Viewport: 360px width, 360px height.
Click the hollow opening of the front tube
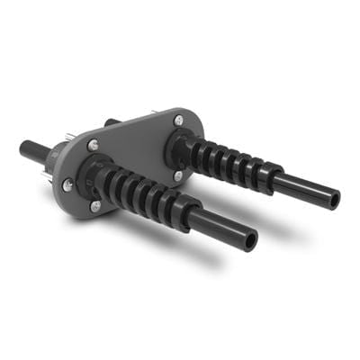click(249, 240)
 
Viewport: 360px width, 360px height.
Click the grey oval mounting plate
click(135, 144)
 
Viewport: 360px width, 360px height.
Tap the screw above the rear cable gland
click(179, 120)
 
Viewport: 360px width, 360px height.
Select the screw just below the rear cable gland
click(177, 176)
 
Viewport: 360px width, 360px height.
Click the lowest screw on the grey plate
click(96, 205)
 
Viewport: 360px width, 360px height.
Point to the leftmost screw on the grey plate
click(67, 184)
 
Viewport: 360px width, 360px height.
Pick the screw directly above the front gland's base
click(94, 146)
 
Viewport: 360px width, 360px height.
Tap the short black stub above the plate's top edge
click(111, 121)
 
